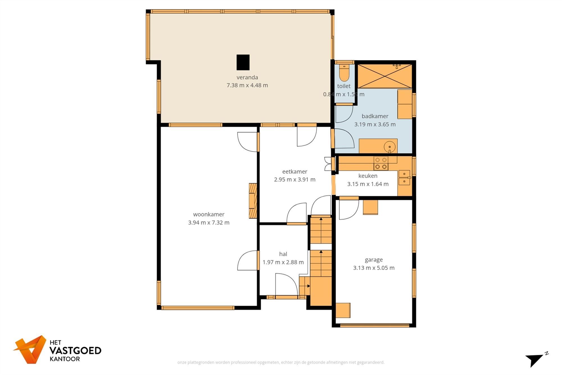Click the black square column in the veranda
pyautogui.click(x=243, y=62)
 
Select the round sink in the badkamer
pyautogui.click(x=389, y=147)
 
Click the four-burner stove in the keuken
pyautogui.click(x=381, y=163)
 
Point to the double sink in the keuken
pyautogui.click(x=404, y=178)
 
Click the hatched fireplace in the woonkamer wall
pyautogui.click(x=253, y=201)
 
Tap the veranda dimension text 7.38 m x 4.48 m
pyautogui.click(x=247, y=85)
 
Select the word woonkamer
pyautogui.click(x=209, y=214)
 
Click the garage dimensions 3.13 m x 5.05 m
pyautogui.click(x=374, y=268)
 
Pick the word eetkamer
pyautogui.click(x=294, y=171)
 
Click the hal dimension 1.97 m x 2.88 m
pyautogui.click(x=283, y=262)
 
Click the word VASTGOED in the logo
pyautogui.click(x=75, y=351)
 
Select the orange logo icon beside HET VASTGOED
pyautogui.click(x=31, y=349)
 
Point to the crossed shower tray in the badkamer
pyautogui.click(x=384, y=76)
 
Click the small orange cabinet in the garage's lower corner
pyautogui.click(x=343, y=310)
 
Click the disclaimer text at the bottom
pyautogui.click(x=281, y=362)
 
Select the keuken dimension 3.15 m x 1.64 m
pyautogui.click(x=368, y=184)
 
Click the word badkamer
pyautogui.click(x=375, y=116)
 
